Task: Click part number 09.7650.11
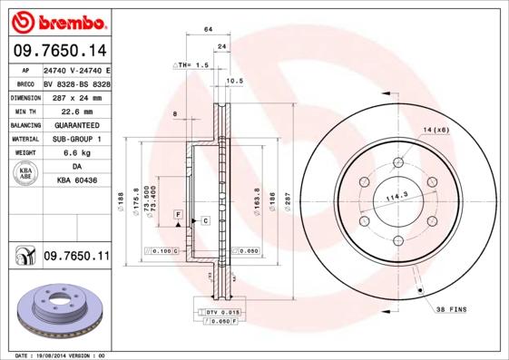click(x=75, y=258)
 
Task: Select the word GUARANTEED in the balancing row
click(x=75, y=124)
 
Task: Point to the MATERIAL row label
click(x=24, y=139)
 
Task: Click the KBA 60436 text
click(x=75, y=182)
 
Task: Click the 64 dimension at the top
click(x=208, y=30)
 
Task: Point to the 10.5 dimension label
click(x=235, y=81)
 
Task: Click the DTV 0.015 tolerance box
click(x=219, y=311)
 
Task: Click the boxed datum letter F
click(x=179, y=213)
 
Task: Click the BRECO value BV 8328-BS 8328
click(x=76, y=83)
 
